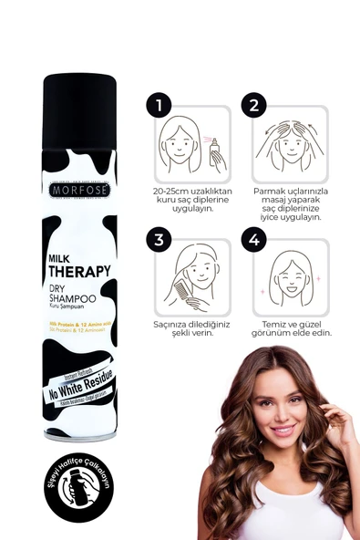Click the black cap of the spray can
pyautogui.click(x=80, y=101)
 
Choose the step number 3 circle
pyautogui.click(x=160, y=241)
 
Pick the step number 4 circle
pyautogui.click(x=253, y=241)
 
